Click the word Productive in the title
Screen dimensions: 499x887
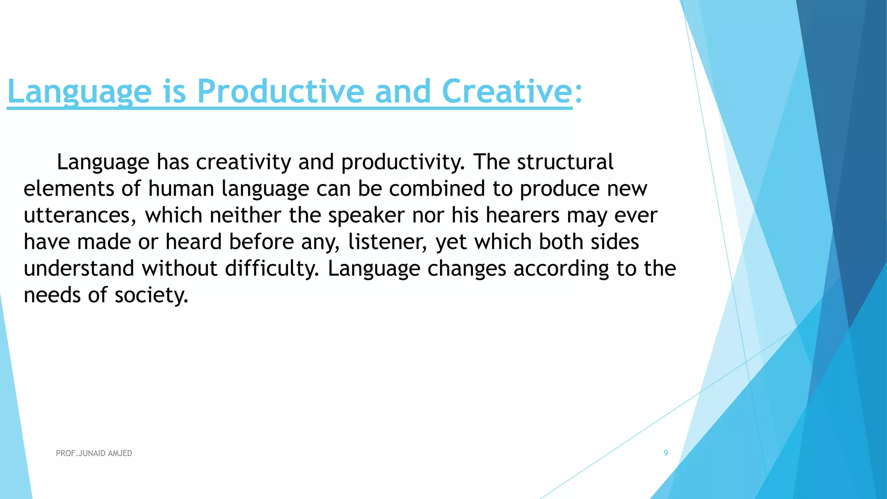click(280, 91)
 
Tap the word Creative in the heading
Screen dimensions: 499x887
click(507, 91)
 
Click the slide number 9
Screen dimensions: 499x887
click(666, 453)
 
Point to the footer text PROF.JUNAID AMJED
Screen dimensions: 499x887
click(94, 453)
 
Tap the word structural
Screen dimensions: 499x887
click(565, 162)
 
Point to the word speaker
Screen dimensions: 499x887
click(366, 216)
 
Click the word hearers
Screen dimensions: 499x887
click(523, 216)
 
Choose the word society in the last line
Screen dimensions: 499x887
click(152, 295)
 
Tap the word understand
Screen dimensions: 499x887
click(79, 269)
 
